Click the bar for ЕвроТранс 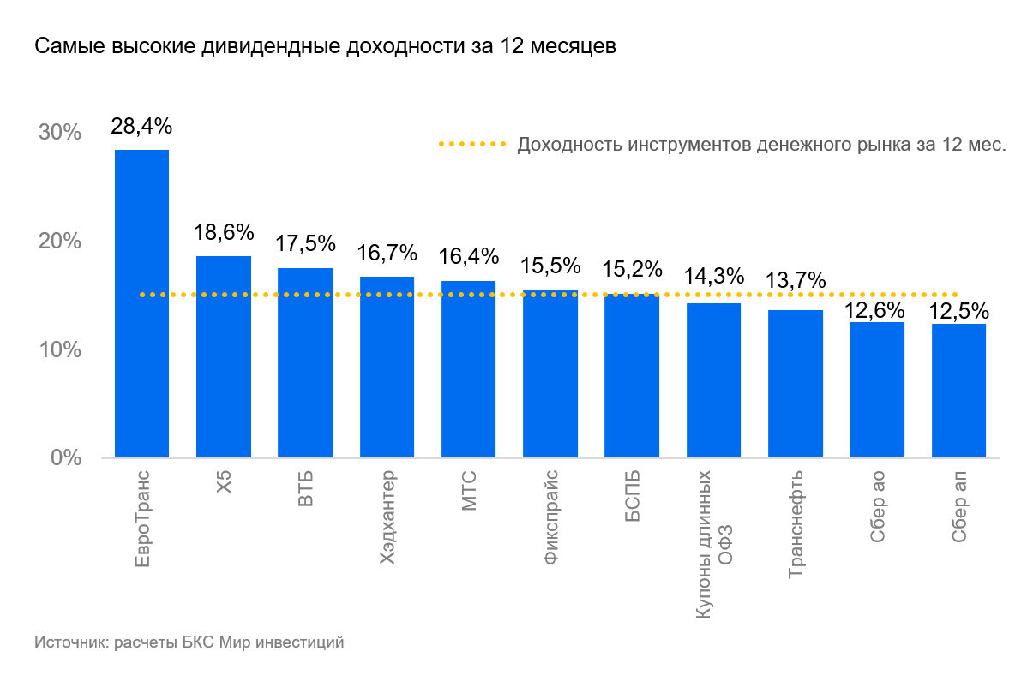click(x=141, y=304)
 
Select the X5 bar click(x=223, y=356)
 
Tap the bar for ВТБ click(x=305, y=362)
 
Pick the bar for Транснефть click(x=795, y=384)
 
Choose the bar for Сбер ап click(x=958, y=390)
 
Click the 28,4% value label click(x=141, y=127)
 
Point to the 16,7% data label click(x=387, y=254)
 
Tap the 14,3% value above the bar click(x=713, y=277)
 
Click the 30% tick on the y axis click(x=59, y=133)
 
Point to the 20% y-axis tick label click(x=59, y=242)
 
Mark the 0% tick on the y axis click(x=65, y=458)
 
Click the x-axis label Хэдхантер click(x=387, y=517)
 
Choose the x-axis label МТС click(x=468, y=491)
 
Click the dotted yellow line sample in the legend click(x=472, y=145)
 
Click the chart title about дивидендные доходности click(x=325, y=47)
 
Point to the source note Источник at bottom click(x=189, y=642)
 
